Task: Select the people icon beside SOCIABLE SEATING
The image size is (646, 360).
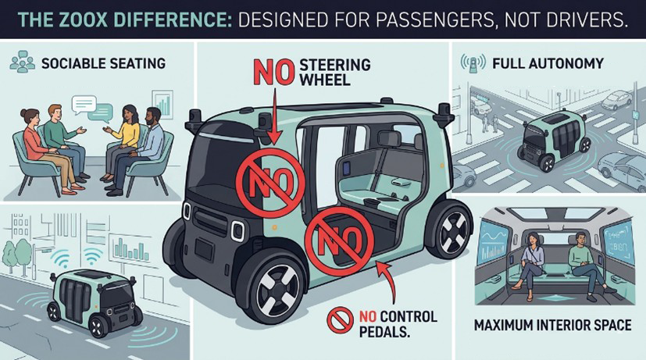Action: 22,62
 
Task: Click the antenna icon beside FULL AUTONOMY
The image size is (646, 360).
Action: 473,63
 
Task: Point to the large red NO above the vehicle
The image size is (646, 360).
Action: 273,72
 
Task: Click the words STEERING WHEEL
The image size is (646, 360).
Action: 334,72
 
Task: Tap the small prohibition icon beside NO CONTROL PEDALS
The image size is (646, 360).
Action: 340,320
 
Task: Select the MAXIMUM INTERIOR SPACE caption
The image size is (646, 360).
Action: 552,325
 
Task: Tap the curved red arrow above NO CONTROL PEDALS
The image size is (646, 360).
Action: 390,285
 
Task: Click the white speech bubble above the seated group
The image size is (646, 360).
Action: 84,105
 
